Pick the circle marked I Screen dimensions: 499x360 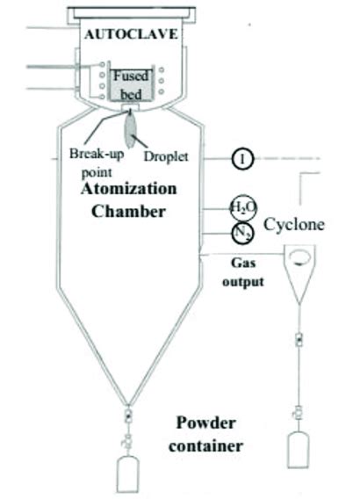coord(241,159)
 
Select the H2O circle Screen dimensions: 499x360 coord(242,207)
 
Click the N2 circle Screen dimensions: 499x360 coord(242,233)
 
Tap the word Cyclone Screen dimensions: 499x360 coord(295,224)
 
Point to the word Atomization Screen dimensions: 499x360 coord(128,189)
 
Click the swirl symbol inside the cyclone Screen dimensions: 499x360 coord(299,259)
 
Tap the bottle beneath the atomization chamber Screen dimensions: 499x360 coord(129,470)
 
